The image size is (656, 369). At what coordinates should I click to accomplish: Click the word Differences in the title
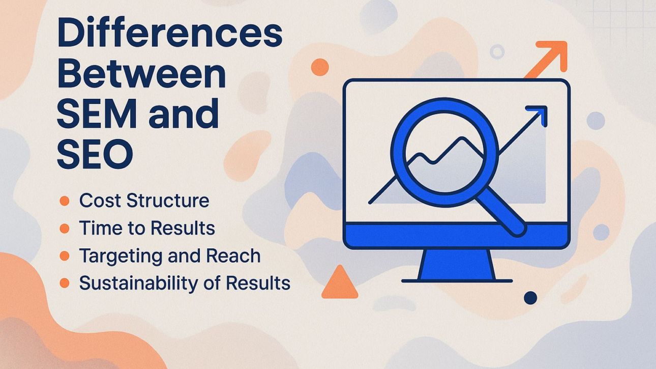(x=169, y=34)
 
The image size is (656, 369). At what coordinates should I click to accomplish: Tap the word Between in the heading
(x=141, y=74)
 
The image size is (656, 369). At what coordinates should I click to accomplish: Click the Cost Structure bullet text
(x=144, y=201)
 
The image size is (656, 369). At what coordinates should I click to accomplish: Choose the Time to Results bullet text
(x=147, y=228)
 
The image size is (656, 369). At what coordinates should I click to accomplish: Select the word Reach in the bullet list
(x=235, y=256)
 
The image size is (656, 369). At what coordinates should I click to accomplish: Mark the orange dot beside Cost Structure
(x=64, y=201)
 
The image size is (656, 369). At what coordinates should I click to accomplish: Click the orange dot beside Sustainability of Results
(x=64, y=283)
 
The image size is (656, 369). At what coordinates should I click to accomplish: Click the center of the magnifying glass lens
(x=443, y=151)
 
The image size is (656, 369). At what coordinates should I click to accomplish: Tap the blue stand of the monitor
(x=456, y=265)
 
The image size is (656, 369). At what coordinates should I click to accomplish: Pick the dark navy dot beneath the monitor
(x=530, y=298)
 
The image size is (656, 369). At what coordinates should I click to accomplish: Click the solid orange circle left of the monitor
(x=319, y=67)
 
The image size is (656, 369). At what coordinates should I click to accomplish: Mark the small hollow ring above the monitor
(x=497, y=51)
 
